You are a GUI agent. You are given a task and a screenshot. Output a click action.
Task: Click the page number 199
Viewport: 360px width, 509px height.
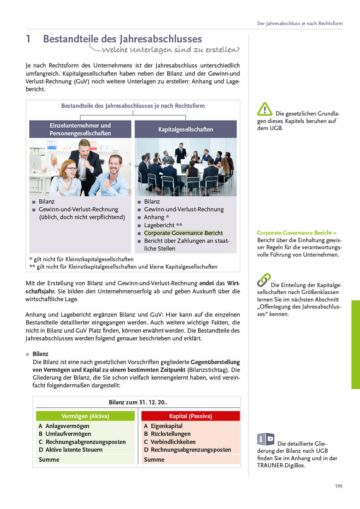coord(338,486)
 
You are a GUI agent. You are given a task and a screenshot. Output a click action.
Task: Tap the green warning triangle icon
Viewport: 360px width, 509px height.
coord(265,109)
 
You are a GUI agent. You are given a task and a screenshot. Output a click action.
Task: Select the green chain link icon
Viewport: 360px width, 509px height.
coord(264,280)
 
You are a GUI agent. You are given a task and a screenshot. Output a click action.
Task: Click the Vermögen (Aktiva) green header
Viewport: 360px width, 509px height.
coord(85,416)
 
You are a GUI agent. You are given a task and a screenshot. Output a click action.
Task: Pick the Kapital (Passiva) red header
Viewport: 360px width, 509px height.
coord(191,416)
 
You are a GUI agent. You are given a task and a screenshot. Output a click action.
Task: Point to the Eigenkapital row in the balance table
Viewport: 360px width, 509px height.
coord(167,426)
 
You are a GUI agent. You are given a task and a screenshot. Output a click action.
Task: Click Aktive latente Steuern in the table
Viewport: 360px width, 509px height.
coord(74,450)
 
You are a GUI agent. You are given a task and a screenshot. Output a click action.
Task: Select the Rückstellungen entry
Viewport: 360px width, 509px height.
coord(170,434)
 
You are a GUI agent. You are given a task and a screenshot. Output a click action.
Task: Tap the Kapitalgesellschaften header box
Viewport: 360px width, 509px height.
coord(186,129)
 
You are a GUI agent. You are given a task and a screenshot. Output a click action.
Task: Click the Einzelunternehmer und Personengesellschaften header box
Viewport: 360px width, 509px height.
coord(80,129)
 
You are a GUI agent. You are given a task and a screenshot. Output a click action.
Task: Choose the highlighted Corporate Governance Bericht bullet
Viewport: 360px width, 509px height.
coord(183,233)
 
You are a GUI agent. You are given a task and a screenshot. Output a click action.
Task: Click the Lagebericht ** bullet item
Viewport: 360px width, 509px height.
coord(163,225)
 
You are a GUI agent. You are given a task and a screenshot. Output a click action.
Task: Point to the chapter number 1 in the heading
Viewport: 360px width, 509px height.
coord(28,39)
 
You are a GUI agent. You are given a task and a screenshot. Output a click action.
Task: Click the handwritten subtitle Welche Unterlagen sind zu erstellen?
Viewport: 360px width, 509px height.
coord(170,49)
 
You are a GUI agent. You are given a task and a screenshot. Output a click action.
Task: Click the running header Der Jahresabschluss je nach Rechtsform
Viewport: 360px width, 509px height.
coord(300,23)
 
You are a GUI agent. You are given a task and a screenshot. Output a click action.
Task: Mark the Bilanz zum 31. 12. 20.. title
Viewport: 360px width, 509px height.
coord(138,402)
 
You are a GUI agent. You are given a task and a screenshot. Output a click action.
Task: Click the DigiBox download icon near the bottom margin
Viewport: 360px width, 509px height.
coord(266,439)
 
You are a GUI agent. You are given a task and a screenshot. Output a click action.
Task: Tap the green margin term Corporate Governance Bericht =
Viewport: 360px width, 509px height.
coord(296,233)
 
